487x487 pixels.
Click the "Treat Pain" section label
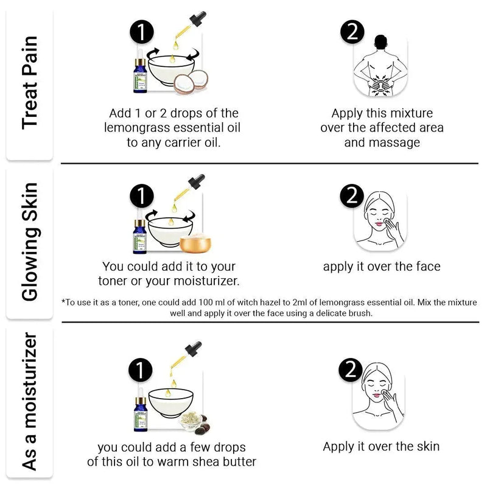coord(29,82)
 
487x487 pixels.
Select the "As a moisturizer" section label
coord(29,402)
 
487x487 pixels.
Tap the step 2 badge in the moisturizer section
coord(350,370)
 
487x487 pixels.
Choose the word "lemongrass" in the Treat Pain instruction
coord(138,128)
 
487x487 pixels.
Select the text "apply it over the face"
coord(381,266)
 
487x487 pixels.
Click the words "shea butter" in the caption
coord(223,461)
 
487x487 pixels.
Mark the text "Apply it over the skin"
coord(381,446)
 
